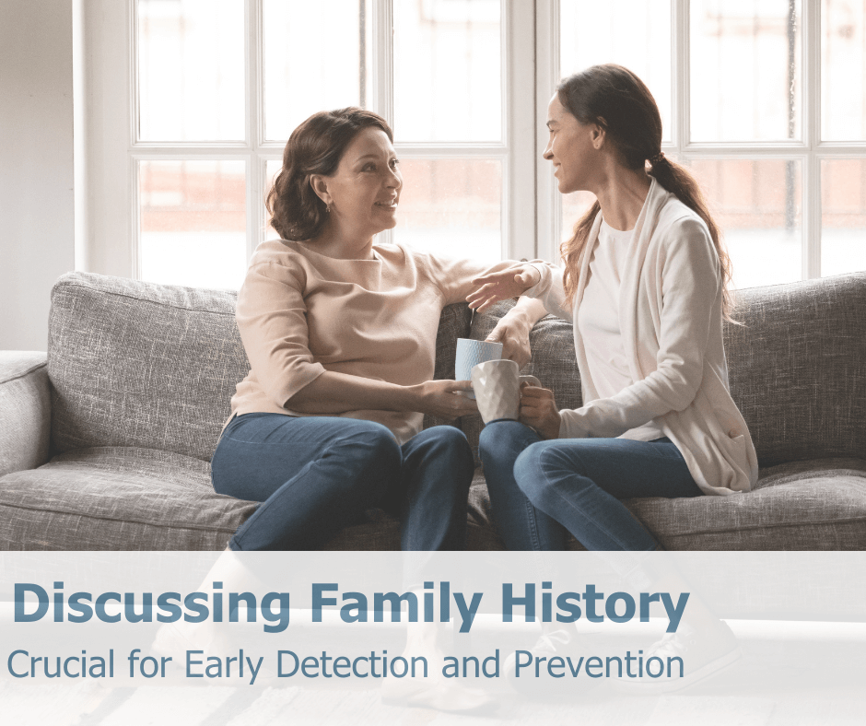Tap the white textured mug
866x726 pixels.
coord(495,389)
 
